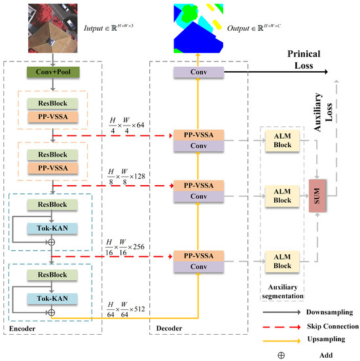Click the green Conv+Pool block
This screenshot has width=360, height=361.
(x=52, y=73)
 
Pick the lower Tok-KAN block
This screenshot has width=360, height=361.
(x=52, y=298)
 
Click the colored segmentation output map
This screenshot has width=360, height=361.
(x=197, y=27)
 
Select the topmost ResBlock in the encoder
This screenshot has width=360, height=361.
(x=52, y=103)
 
